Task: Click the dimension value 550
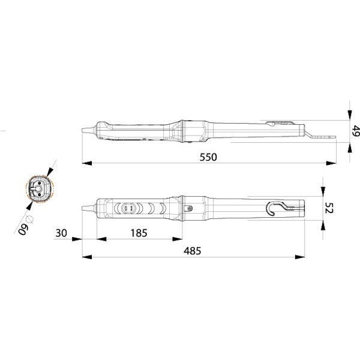(208, 157)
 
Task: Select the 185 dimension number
(139, 232)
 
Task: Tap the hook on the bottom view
(273, 208)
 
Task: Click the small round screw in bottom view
(190, 208)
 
